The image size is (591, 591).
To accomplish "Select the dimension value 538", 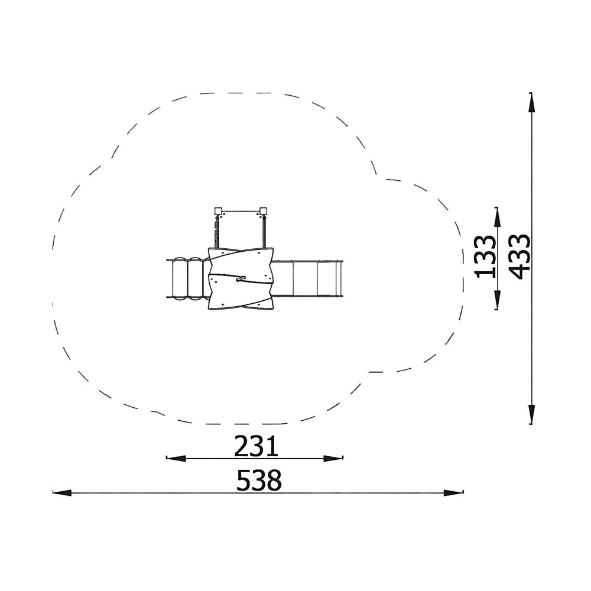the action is click(259, 480).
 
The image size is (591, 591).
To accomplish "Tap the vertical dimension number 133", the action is click(485, 256).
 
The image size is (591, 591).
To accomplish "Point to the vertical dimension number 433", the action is click(519, 256).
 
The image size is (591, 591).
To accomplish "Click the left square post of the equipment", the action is click(218, 211).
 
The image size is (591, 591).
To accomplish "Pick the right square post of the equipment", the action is click(263, 211).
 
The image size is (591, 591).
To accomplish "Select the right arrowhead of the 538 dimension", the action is click(454, 493).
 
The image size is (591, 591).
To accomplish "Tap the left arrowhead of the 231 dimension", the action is click(176, 459).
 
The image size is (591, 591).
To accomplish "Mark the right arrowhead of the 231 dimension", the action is click(333, 459).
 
